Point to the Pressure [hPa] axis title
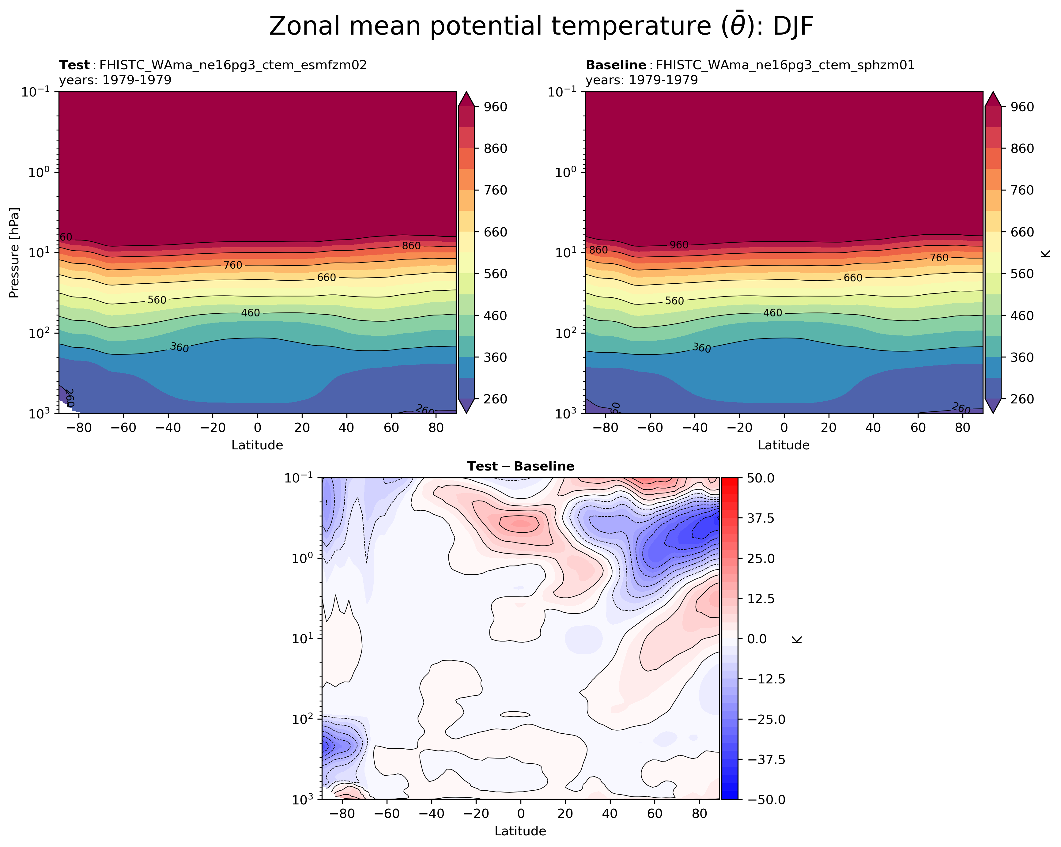[14, 252]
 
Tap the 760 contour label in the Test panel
[233, 265]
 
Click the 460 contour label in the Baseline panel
[772, 313]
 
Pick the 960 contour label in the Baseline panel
[679, 245]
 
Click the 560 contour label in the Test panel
[157, 300]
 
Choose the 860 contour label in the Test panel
[411, 246]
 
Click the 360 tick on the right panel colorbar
[1022, 357]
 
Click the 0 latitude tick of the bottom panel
[521, 814]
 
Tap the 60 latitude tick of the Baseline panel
[918, 428]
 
